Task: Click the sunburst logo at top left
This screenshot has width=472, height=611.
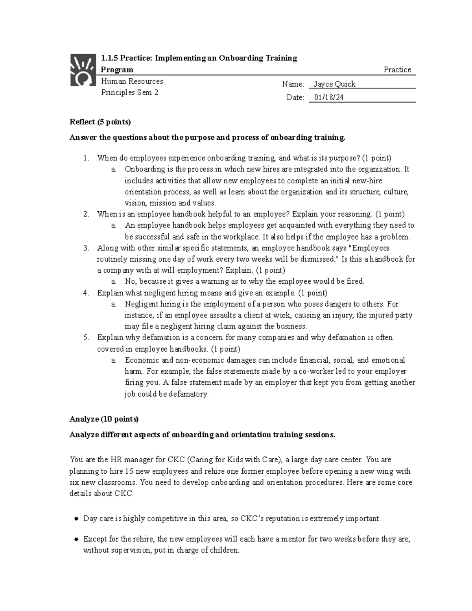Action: coord(83,70)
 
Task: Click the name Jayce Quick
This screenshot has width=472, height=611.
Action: coord(334,84)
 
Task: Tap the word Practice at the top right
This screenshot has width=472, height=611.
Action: coord(397,70)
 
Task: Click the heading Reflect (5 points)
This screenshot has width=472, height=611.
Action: coord(100,122)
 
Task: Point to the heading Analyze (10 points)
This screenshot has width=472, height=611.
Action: coord(104,419)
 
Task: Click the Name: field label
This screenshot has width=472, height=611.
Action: coord(293,84)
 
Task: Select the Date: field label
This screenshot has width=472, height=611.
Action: coord(295,98)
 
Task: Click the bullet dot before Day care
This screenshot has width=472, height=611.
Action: coord(77,519)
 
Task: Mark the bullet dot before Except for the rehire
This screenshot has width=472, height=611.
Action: coord(77,539)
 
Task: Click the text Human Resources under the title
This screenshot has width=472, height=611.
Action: coord(132,81)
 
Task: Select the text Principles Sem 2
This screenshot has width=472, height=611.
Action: coord(129,93)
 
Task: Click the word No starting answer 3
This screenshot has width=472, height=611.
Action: coord(130,281)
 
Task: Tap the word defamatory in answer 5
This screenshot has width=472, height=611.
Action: coord(188,394)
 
